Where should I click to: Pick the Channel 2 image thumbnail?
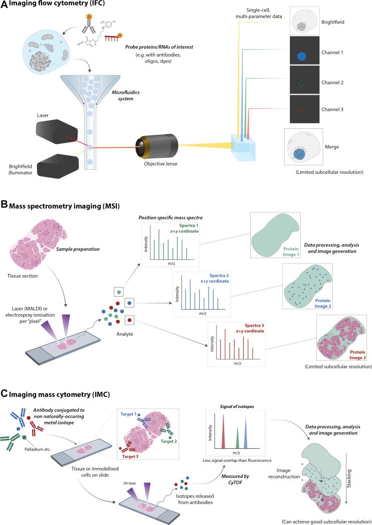303,80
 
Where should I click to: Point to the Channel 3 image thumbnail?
303,108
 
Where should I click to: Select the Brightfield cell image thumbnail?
303,22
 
